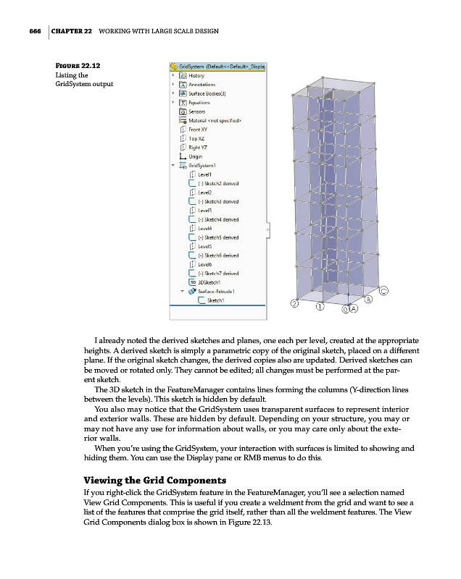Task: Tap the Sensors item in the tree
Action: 196,111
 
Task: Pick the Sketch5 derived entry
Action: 217,237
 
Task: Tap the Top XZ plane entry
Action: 196,138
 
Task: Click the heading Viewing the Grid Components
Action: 156,481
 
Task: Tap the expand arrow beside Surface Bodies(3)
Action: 173,93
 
